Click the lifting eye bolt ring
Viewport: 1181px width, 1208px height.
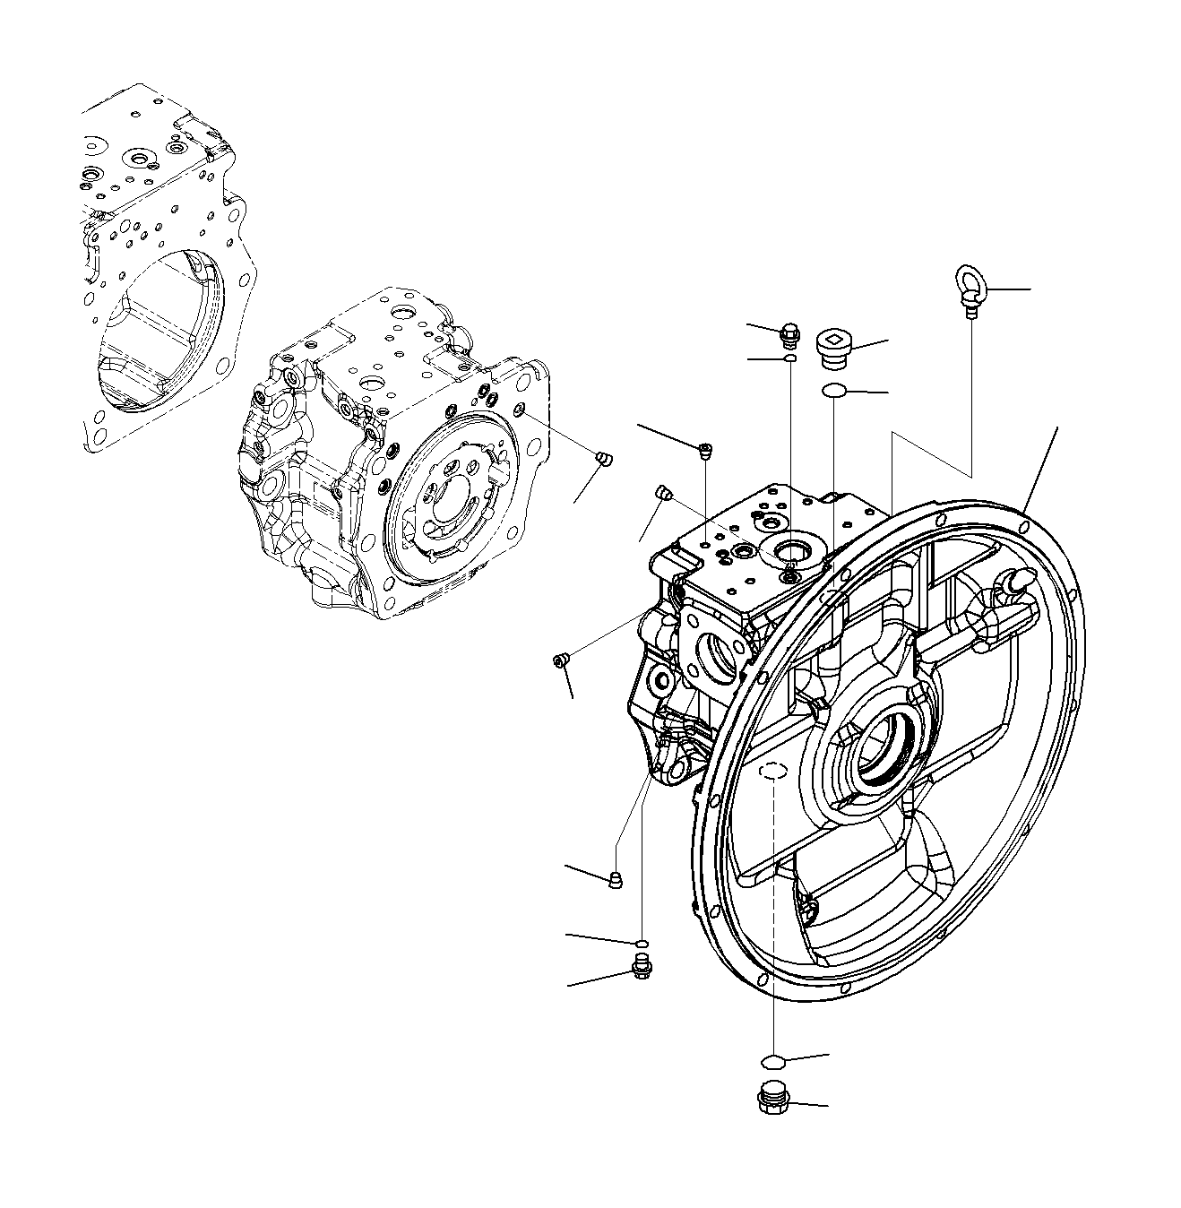(970, 286)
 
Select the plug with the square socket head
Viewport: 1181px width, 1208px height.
(834, 347)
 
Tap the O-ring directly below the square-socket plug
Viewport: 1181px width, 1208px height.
(833, 391)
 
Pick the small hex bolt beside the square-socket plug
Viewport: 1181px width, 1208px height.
(789, 336)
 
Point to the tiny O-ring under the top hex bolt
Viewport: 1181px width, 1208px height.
(789, 359)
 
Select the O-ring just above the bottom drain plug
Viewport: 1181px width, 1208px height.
(772, 1062)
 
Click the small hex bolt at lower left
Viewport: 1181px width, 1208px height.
(641, 968)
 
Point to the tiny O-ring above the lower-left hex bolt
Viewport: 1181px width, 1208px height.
(642, 943)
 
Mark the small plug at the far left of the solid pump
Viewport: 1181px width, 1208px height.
(561, 661)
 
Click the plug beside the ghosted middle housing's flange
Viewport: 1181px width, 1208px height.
(604, 460)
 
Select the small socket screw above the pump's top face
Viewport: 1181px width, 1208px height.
(705, 449)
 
